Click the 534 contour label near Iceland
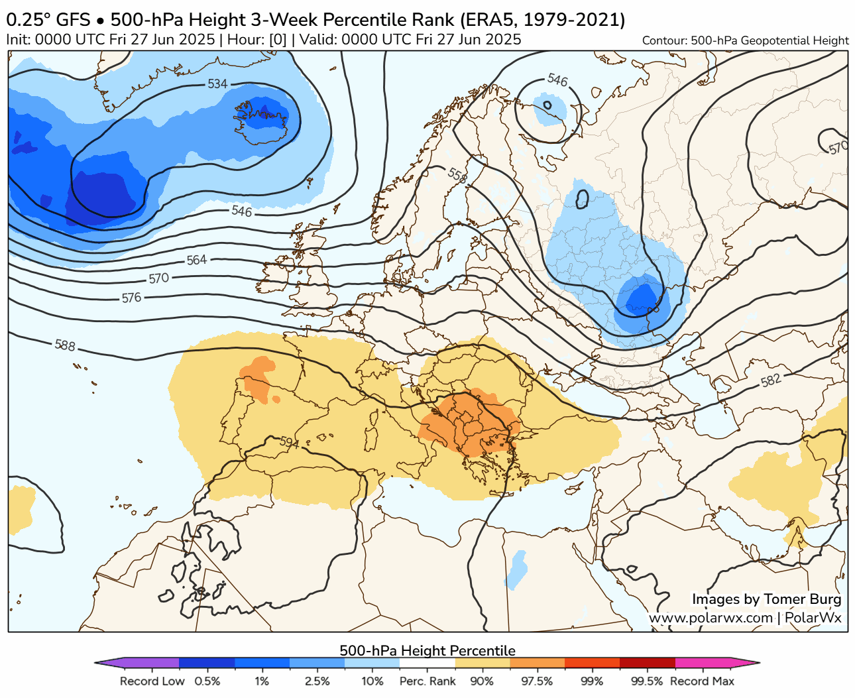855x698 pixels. (x=217, y=84)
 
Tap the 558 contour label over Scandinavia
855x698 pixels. (x=457, y=176)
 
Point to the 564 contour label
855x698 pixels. (x=196, y=261)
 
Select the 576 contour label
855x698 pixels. (x=131, y=298)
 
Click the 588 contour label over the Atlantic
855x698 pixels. (x=65, y=345)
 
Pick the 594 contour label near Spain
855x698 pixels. (x=290, y=442)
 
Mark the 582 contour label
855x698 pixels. (x=771, y=380)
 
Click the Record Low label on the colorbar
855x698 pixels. (x=152, y=681)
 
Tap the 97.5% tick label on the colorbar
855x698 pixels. (x=537, y=681)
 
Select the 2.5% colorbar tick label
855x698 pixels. (x=317, y=681)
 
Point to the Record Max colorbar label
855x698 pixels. (x=702, y=681)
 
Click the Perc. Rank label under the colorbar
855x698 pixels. (x=427, y=681)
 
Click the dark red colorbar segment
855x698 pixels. (x=647, y=662)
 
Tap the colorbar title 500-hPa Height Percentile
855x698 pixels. (x=427, y=650)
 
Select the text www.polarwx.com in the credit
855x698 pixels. (x=711, y=618)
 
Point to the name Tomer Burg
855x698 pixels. (x=802, y=599)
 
